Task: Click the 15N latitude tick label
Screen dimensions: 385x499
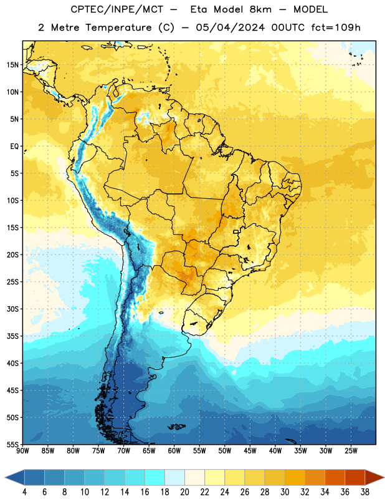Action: tap(12, 65)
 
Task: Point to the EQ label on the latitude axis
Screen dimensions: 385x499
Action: tap(14, 147)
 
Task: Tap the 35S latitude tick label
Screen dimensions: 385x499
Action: tap(12, 336)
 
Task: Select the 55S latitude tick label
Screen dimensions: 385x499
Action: tap(12, 444)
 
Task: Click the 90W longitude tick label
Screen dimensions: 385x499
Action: tap(22, 451)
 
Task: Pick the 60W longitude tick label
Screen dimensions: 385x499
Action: tap(174, 451)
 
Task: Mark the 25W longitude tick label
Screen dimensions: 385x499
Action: tap(351, 451)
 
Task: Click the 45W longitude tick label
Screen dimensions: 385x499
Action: tap(250, 451)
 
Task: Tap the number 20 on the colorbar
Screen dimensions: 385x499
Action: tap(184, 492)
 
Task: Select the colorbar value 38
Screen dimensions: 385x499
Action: tap(365, 492)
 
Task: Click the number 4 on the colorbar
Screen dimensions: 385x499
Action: tap(24, 492)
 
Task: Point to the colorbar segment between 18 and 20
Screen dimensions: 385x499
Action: tap(175, 477)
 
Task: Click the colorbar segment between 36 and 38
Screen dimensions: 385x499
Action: tap(355, 477)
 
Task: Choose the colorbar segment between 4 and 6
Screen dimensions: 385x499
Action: tap(35, 477)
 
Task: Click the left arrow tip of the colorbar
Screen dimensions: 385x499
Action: tap(5, 477)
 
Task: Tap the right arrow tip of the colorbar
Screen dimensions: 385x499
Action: tap(384, 477)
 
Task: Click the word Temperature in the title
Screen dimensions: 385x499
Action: tap(118, 27)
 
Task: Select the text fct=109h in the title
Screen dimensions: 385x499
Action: tap(336, 27)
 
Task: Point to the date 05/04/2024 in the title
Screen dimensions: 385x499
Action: tap(230, 27)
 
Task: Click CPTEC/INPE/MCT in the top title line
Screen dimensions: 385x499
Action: tap(117, 9)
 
